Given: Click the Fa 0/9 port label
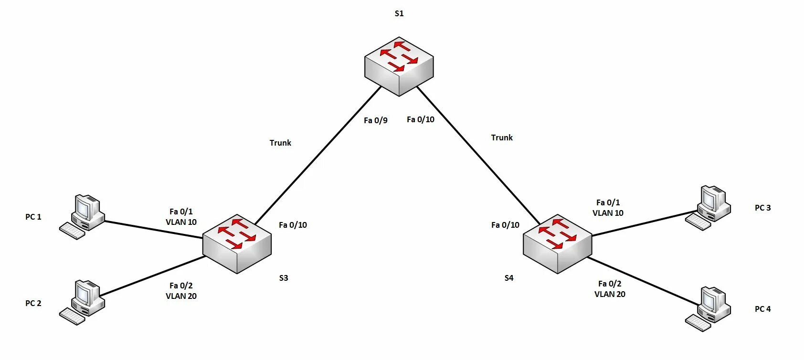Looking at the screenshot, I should coord(375,120).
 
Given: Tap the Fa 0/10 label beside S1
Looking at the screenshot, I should coord(420,119).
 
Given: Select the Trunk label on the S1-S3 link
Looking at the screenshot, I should coord(280,143).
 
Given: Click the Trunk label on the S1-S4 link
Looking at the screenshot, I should coord(502,138).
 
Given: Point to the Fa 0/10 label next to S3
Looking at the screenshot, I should coord(293,225).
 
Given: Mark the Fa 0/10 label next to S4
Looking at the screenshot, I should coord(505,225).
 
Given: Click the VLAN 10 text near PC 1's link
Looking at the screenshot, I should coord(181,222).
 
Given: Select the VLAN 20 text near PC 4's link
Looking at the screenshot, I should coord(610,294).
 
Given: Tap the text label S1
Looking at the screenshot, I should coord(399,13).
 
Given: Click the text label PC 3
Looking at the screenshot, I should coord(762,208).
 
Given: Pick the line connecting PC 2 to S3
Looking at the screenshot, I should coord(153,276).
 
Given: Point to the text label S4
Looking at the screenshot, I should coord(509,278).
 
